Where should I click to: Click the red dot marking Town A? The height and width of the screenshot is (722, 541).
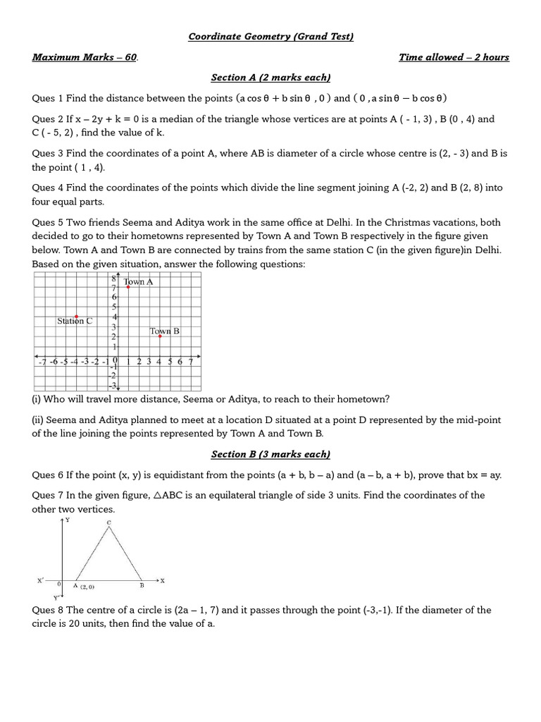pos(128,288)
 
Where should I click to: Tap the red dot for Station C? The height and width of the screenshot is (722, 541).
pos(76,317)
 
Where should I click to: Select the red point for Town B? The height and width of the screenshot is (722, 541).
pos(160,336)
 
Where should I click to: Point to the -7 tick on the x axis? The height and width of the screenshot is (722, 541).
pos(42,362)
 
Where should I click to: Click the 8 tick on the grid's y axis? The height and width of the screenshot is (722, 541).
pos(113,279)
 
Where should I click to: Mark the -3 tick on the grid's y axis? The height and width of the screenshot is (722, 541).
pos(112,384)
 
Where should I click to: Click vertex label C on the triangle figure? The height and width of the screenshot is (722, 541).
pos(108,522)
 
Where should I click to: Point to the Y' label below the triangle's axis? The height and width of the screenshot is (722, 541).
pos(56,597)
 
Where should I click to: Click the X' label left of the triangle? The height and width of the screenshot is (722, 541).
pos(40,581)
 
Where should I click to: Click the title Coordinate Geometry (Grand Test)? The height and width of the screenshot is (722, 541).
pos(270,37)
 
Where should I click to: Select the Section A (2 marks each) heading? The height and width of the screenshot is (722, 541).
pos(270,78)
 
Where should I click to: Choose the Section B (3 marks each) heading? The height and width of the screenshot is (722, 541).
pos(270,455)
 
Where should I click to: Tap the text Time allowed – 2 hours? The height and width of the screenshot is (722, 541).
pos(454,57)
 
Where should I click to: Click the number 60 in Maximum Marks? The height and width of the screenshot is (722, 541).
pos(131,57)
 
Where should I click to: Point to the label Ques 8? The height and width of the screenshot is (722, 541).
pos(48,610)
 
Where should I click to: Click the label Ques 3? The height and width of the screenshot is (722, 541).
pos(48,153)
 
